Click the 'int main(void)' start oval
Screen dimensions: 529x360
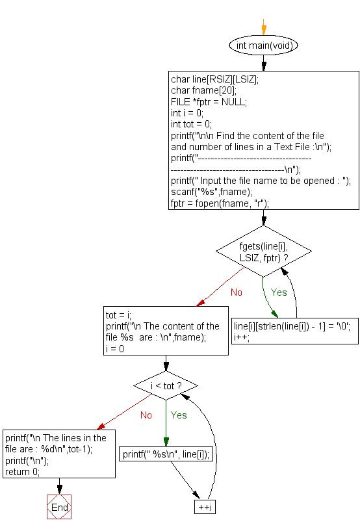point(263,45)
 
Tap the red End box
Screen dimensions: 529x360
point(58,507)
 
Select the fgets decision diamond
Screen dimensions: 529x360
point(263,251)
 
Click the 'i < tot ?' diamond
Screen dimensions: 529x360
point(166,386)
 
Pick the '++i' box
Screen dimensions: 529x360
point(204,507)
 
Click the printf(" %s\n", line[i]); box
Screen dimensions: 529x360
point(166,455)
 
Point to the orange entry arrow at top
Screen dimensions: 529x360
point(263,28)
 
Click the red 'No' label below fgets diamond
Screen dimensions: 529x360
point(236,292)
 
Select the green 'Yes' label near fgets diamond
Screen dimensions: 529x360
point(279,292)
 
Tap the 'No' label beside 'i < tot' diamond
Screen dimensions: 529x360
point(146,415)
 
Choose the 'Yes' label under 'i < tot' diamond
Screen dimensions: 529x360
point(179,415)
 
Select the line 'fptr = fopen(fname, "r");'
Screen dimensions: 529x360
point(220,203)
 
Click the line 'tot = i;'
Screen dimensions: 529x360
point(118,315)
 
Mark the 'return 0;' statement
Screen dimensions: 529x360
point(22,472)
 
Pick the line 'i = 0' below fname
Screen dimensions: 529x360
point(115,348)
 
